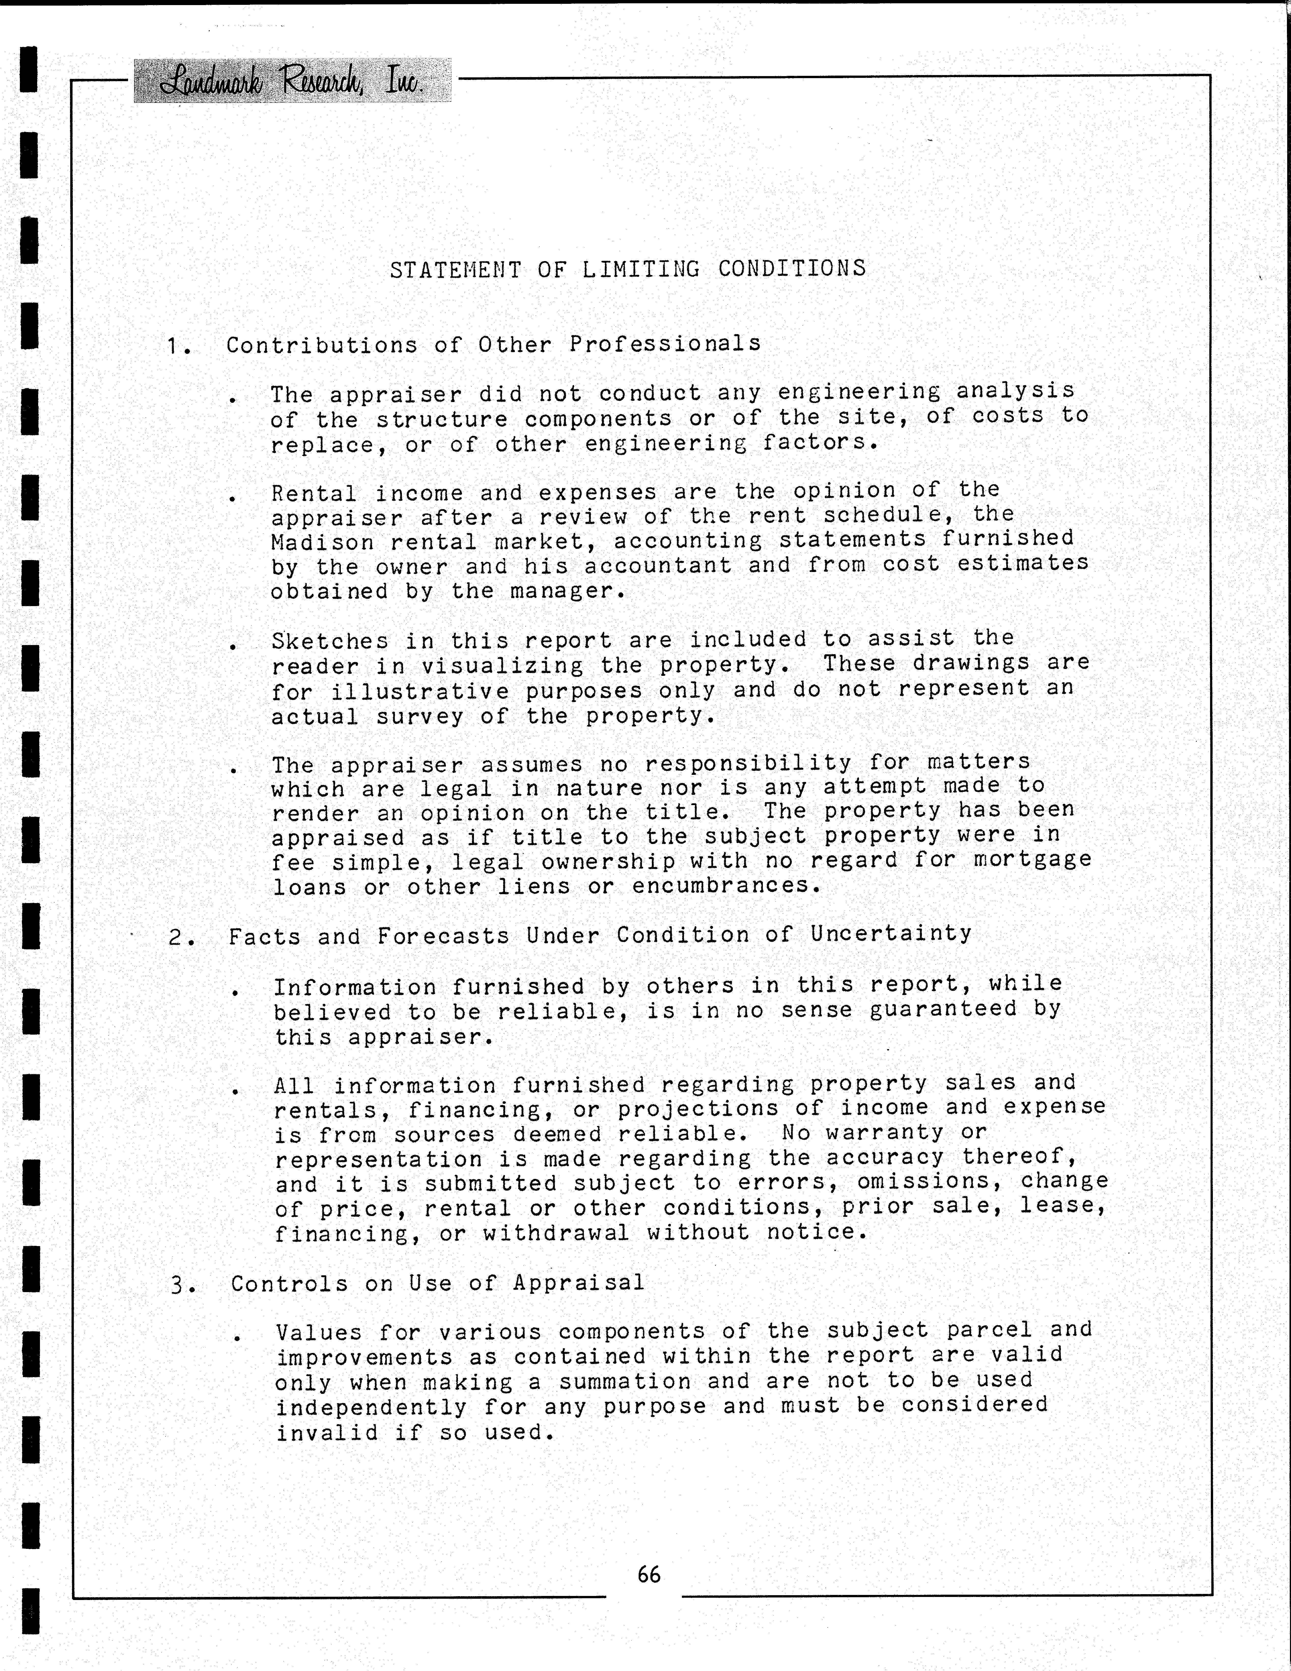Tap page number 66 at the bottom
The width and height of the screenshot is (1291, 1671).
click(648, 1574)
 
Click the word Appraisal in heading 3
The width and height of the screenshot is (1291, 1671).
click(579, 1282)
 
